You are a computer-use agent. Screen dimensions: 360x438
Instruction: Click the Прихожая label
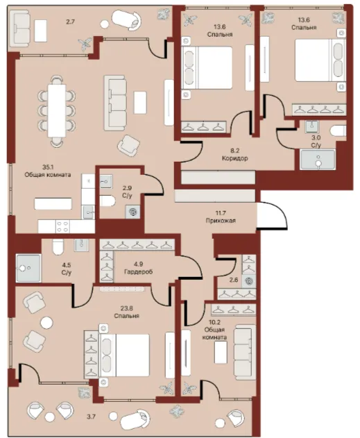pos(221,221)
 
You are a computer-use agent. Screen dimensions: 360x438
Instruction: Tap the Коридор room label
pos(234,158)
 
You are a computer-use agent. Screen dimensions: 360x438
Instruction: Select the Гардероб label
pos(139,271)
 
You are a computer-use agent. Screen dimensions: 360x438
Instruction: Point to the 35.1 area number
pos(48,167)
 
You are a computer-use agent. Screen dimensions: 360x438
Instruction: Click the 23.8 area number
pos(127,308)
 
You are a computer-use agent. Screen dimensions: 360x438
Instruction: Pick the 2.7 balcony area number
pos(70,22)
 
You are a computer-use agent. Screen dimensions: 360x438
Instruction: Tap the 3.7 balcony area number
pos(92,416)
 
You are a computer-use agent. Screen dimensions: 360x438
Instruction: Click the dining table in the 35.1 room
pos(57,110)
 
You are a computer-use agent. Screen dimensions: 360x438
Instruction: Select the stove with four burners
pos(62,226)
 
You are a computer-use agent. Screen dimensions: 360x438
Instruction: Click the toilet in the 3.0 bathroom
pos(338,130)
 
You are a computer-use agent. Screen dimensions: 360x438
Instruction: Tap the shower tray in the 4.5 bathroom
pos(28,268)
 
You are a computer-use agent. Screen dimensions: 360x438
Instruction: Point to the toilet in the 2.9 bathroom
pos(108,201)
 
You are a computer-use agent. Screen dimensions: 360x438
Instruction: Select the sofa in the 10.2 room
pos(245,352)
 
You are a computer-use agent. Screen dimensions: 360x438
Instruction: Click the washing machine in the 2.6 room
pos(249,281)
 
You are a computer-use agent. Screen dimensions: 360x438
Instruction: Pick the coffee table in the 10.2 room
pos(221,352)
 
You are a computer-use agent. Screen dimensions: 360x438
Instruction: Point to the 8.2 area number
pos(234,151)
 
